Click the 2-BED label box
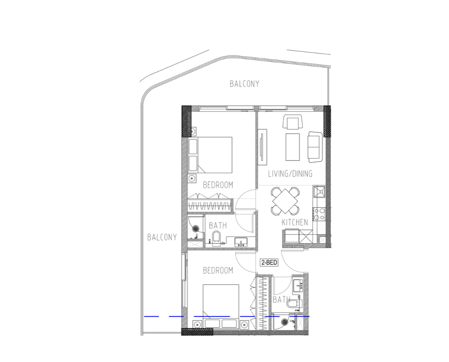[269, 262]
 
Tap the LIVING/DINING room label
[290, 174]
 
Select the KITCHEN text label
[295, 222]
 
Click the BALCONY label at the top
[245, 84]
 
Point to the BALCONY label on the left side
[162, 237]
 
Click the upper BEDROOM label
[218, 185]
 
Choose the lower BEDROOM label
[218, 270]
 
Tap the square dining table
[285, 201]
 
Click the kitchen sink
[319, 192]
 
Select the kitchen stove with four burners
[319, 214]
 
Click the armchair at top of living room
[293, 122]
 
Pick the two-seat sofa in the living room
[315, 147]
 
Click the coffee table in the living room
[293, 147]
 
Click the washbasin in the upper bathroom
[241, 242]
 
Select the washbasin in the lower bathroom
[298, 286]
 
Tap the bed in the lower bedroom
[221, 306]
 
